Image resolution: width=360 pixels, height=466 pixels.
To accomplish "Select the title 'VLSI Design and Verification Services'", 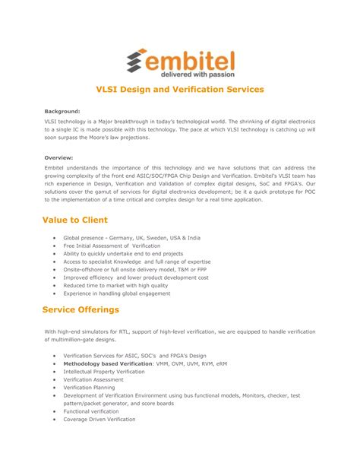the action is [179, 90].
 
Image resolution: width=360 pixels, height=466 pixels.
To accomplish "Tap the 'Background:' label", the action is [62, 111].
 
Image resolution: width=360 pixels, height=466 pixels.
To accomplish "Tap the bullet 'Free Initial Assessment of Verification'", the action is [112, 247].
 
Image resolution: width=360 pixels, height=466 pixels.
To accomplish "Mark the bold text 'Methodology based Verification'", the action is [108, 363].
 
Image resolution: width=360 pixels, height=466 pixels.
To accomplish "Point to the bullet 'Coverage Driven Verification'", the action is [99, 419].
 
